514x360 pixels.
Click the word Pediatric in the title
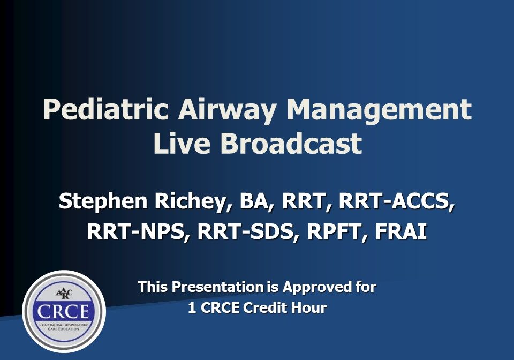click(106, 109)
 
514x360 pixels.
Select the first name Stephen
click(103, 202)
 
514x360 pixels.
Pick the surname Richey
click(191, 202)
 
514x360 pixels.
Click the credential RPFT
click(337, 232)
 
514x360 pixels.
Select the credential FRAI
click(401, 231)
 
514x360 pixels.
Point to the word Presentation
click(218, 287)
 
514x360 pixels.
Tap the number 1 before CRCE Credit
click(192, 308)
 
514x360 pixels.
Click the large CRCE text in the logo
click(63, 311)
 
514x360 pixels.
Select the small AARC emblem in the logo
click(64, 293)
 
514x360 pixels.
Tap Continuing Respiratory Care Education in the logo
click(64, 327)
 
